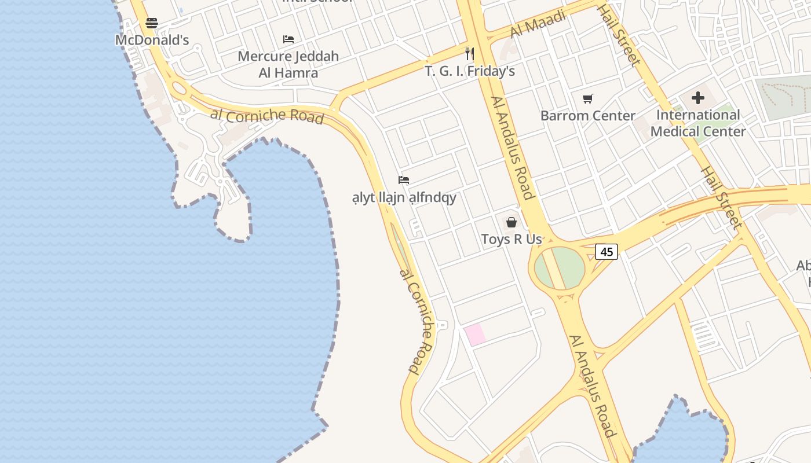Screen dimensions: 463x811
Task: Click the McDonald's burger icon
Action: coord(152,23)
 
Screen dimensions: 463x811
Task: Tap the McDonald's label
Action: coord(152,40)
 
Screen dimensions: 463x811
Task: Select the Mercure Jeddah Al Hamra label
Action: coord(288,64)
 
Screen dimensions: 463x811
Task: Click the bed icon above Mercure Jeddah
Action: coord(288,39)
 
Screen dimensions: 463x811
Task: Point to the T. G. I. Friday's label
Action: coord(470,71)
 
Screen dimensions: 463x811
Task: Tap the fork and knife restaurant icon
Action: coord(470,54)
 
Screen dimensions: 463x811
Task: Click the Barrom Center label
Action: coord(587,115)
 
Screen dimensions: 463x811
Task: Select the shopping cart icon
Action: coord(588,98)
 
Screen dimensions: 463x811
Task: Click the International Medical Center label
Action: coord(698,123)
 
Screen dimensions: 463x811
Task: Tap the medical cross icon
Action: coord(698,98)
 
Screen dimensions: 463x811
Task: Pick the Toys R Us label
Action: coord(512,239)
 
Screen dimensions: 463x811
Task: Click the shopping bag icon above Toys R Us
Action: coord(512,222)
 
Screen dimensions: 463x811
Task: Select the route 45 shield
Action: coord(607,252)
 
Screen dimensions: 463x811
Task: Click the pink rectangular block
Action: coord(475,335)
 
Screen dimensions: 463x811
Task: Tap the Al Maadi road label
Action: coord(539,24)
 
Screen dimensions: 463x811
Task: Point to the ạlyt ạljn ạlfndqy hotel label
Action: coord(404,197)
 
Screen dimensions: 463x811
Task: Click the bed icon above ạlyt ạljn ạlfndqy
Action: coord(404,180)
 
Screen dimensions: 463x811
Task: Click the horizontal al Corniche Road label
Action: coord(266,115)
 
